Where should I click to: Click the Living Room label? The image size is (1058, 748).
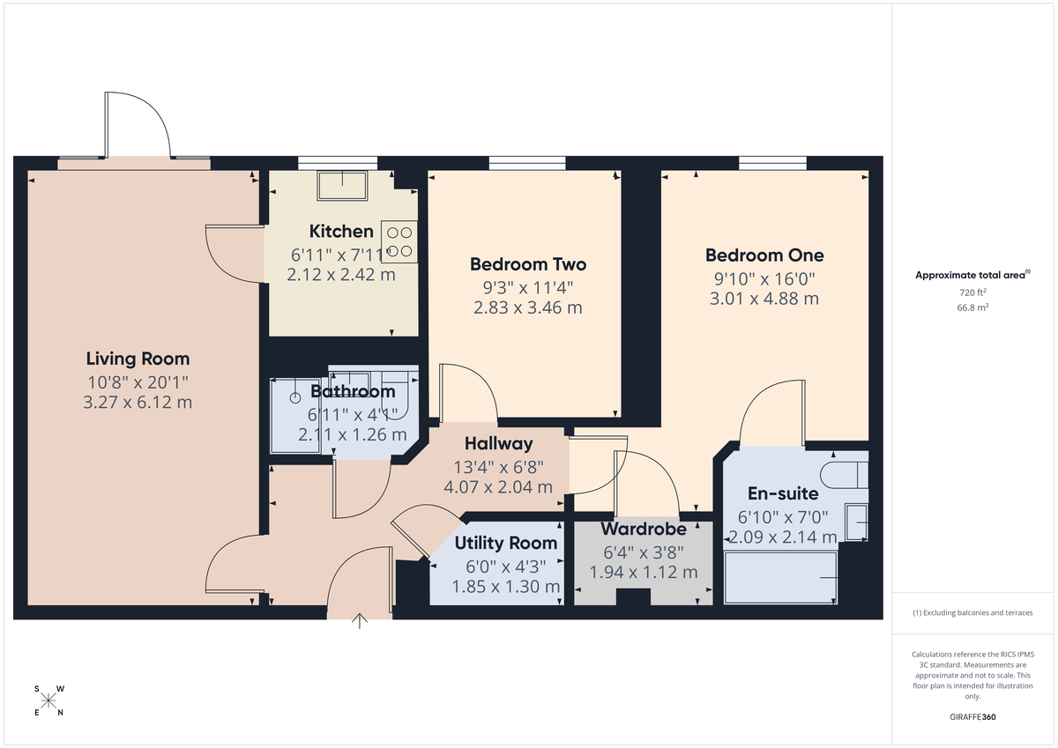(x=138, y=359)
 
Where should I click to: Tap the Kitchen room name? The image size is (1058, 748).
(x=341, y=232)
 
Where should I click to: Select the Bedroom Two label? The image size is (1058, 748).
(x=527, y=264)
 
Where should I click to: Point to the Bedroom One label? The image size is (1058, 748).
(x=764, y=256)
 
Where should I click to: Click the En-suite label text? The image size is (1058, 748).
(x=783, y=493)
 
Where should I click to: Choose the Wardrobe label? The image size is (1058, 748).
(x=643, y=530)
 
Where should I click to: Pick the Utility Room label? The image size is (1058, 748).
(x=506, y=543)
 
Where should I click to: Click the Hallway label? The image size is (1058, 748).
(x=499, y=443)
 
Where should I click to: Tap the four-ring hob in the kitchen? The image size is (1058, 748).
(x=399, y=242)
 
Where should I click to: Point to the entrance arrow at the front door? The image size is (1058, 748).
(x=360, y=621)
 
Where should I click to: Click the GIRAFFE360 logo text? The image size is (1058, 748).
(x=973, y=717)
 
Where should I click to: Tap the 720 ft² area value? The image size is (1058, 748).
(x=972, y=292)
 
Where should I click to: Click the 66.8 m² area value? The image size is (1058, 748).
(x=972, y=308)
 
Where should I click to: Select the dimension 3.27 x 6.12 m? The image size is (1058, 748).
(x=138, y=403)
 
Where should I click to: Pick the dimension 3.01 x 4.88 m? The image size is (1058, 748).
(x=764, y=299)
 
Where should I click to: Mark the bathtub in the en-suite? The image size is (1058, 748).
(x=780, y=578)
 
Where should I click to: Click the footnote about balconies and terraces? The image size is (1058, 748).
(x=972, y=612)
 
